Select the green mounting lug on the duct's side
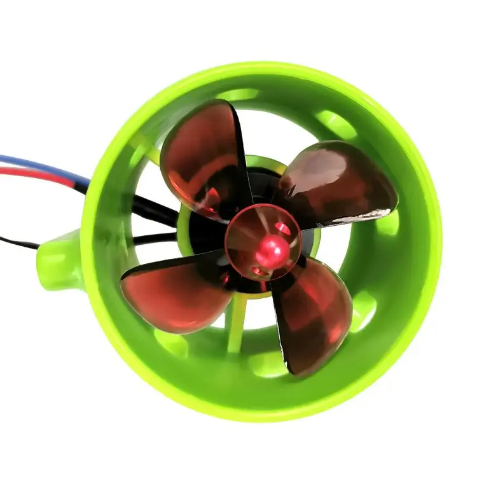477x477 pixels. pyautogui.click(x=60, y=261)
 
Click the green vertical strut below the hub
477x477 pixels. pyautogui.click(x=237, y=324)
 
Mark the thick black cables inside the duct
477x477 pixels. pyautogui.click(x=153, y=210)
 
